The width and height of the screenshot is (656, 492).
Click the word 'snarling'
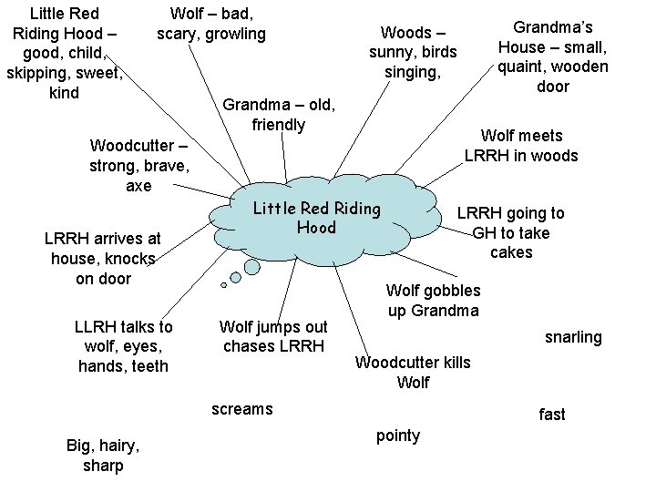(x=573, y=337)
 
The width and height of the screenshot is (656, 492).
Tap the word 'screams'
(x=241, y=408)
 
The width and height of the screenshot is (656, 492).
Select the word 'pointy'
(x=398, y=436)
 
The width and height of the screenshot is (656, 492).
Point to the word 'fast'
(x=551, y=415)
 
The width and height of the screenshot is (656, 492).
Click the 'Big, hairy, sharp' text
(x=103, y=456)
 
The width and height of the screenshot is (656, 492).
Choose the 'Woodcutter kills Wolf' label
(x=413, y=373)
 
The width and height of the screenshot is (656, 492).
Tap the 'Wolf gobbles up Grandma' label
(x=433, y=301)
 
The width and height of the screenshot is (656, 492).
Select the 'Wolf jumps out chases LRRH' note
(x=274, y=336)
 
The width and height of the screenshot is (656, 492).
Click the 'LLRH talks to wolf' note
(x=123, y=346)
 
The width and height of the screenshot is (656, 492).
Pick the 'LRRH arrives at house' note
(x=103, y=259)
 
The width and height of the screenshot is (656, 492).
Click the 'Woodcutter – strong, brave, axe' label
(x=139, y=167)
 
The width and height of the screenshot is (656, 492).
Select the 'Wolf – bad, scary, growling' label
(x=211, y=25)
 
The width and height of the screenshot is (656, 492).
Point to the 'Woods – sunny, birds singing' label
(x=413, y=53)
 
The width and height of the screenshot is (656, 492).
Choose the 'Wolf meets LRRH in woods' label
(x=521, y=146)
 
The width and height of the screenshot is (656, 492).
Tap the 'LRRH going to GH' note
(x=510, y=232)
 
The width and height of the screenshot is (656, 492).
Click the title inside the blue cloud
(x=316, y=218)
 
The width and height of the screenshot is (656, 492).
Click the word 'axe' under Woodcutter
(x=138, y=186)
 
